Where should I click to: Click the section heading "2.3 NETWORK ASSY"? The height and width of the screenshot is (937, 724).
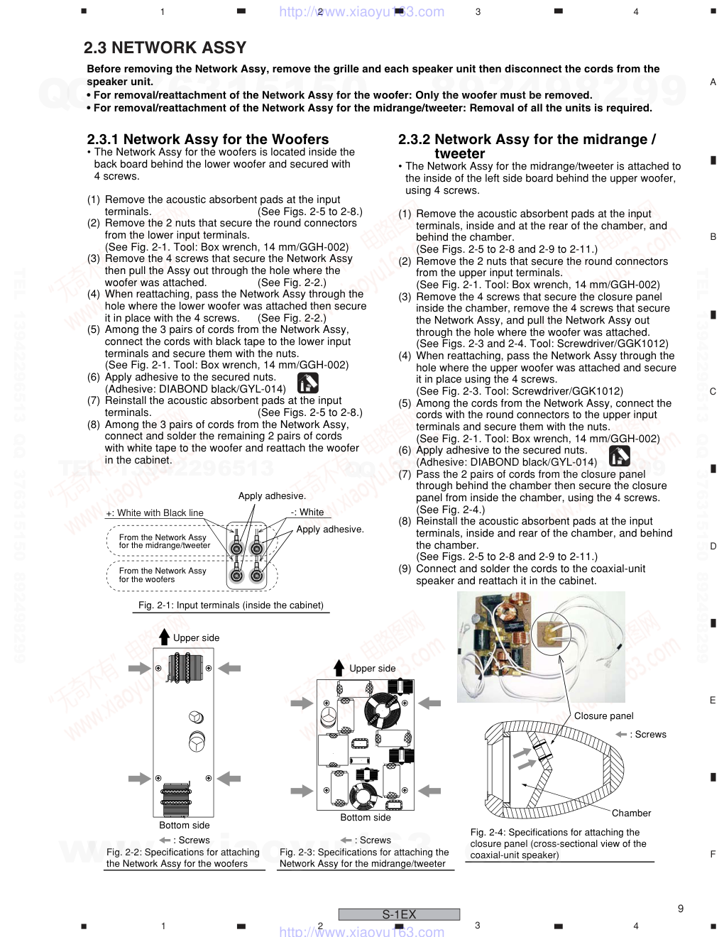coord(165,48)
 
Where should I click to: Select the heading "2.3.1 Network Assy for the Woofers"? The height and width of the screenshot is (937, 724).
coord(207,139)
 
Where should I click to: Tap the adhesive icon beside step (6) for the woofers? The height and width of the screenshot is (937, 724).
coord(307,383)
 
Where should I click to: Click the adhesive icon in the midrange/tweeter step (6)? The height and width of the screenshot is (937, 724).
coord(619,456)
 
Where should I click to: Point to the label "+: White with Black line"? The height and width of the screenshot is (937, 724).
coord(155,513)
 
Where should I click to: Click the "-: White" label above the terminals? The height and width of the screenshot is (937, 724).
coord(307,513)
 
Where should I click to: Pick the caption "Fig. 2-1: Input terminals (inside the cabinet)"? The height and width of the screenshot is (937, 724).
coord(231,606)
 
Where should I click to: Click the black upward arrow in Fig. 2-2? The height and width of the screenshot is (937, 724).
coord(165,636)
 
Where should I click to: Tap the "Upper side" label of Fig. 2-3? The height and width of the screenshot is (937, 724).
coord(372,669)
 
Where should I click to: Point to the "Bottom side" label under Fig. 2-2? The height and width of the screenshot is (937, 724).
coord(184,825)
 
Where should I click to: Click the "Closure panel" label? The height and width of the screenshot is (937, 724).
coord(603,716)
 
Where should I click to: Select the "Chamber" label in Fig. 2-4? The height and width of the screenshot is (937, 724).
coord(631,813)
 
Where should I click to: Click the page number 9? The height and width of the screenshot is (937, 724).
coord(681,909)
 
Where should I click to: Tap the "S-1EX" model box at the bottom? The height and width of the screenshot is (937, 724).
coord(399,915)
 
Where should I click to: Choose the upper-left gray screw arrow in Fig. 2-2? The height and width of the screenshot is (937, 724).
coord(141,668)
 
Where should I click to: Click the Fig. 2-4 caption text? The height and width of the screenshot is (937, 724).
coord(558,843)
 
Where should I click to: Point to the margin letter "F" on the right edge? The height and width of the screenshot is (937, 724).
coord(713,855)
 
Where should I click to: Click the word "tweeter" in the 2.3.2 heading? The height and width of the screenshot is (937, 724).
coord(459,154)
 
